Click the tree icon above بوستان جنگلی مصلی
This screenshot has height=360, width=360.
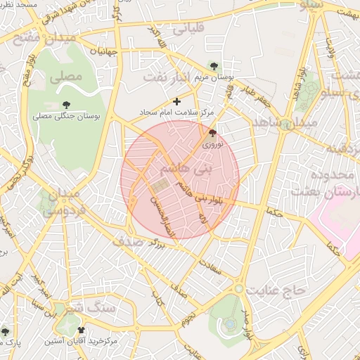click(67, 105)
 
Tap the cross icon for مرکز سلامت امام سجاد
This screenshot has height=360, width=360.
click(176, 101)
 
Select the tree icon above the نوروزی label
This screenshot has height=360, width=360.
click(212, 133)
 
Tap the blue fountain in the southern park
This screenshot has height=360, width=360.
click(230, 324)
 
